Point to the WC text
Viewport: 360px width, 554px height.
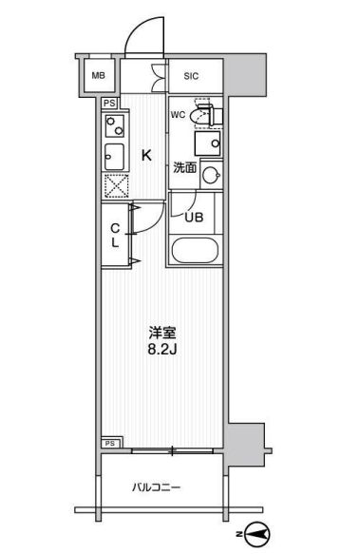[x=178, y=116]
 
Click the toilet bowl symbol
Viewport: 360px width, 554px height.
[x=200, y=116]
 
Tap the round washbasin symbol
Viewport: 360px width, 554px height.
[x=211, y=175]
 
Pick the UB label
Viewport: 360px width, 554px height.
[x=194, y=217]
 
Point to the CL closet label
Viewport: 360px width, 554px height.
[x=114, y=235]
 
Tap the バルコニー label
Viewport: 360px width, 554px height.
[x=156, y=487]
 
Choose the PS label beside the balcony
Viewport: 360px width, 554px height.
[x=110, y=443]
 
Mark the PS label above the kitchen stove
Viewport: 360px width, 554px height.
[x=110, y=103]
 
